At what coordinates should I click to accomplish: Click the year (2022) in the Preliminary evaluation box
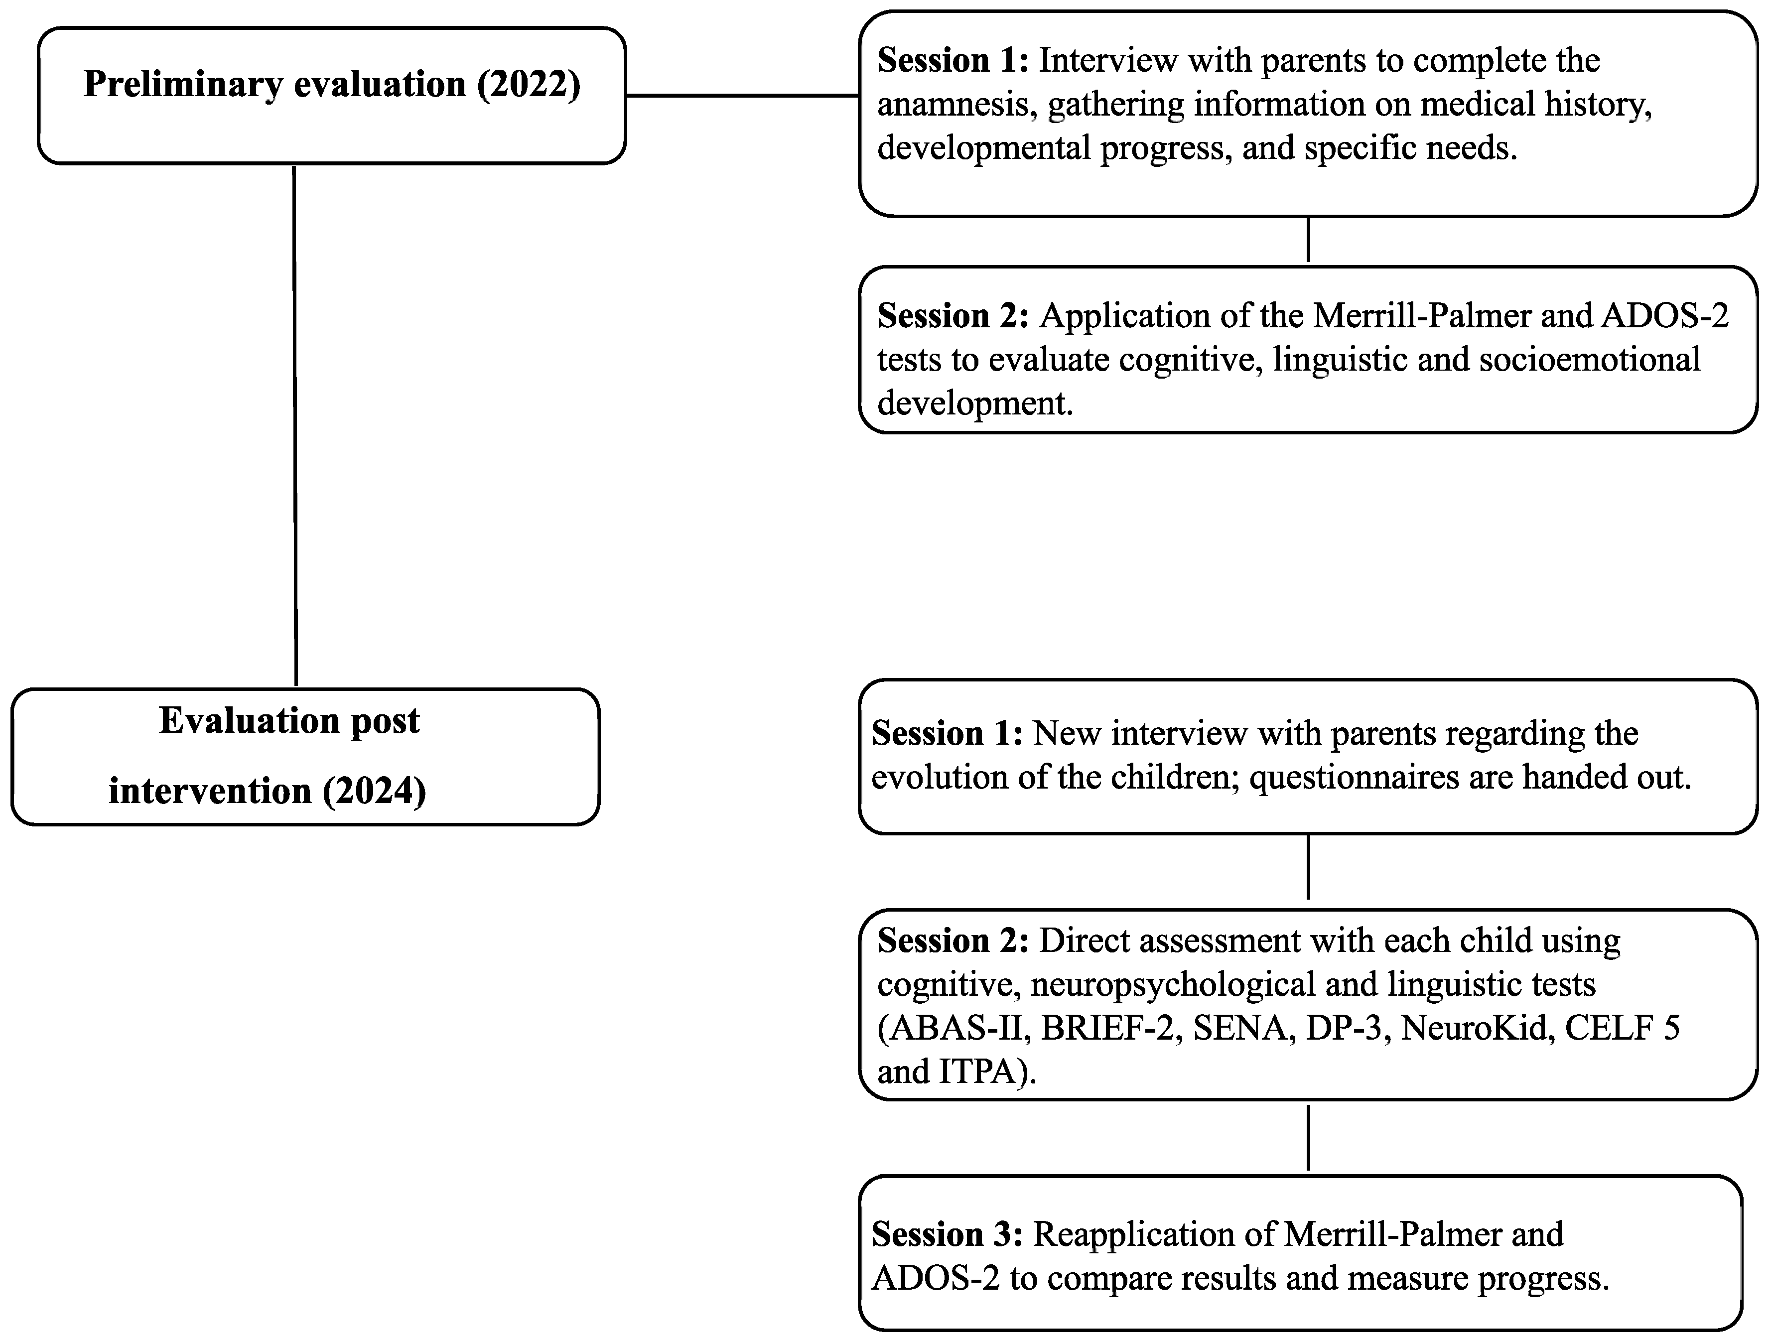click(529, 85)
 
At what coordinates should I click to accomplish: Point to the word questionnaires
click(1354, 778)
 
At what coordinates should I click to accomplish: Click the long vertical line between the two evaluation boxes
click(295, 424)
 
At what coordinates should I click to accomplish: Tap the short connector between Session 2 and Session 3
click(1308, 1137)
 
